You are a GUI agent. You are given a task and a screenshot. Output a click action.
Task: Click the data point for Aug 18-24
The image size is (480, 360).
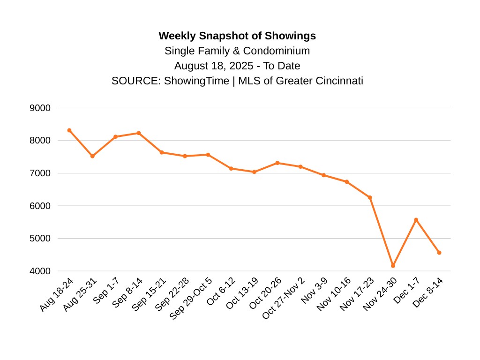click(69, 130)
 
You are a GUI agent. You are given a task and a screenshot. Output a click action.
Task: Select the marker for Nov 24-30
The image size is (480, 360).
click(393, 266)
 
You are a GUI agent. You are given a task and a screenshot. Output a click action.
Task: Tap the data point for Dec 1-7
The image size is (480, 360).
click(416, 220)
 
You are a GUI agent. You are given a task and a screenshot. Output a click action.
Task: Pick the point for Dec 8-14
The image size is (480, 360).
click(439, 253)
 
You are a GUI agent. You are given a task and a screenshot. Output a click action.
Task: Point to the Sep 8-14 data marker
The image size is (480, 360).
click(139, 133)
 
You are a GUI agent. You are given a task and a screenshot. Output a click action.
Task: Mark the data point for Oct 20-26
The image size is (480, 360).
click(277, 163)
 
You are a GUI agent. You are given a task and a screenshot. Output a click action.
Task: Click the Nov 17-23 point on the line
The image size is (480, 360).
click(370, 197)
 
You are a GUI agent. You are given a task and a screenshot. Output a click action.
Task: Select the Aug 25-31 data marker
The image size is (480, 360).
click(92, 156)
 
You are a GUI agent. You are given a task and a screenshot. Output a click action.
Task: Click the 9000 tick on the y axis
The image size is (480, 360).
click(40, 108)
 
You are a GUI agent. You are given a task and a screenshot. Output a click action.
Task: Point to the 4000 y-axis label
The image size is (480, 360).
click(40, 271)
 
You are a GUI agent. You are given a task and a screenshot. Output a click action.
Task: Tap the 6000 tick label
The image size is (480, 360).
click(40, 206)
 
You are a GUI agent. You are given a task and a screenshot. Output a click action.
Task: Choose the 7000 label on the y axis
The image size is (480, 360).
click(40, 173)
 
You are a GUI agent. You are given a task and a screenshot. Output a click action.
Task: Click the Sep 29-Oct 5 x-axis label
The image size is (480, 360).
click(192, 298)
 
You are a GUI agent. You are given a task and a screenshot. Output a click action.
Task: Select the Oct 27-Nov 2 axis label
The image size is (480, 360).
click(284, 298)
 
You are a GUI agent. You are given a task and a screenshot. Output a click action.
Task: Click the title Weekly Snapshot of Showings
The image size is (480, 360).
click(237, 36)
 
